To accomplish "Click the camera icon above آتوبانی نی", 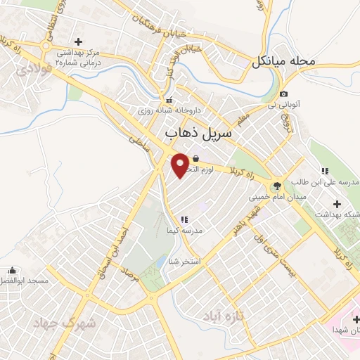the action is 283,94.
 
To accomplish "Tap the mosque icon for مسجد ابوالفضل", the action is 12,271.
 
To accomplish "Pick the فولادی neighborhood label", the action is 34,70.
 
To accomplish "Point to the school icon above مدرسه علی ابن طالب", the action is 324,171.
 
